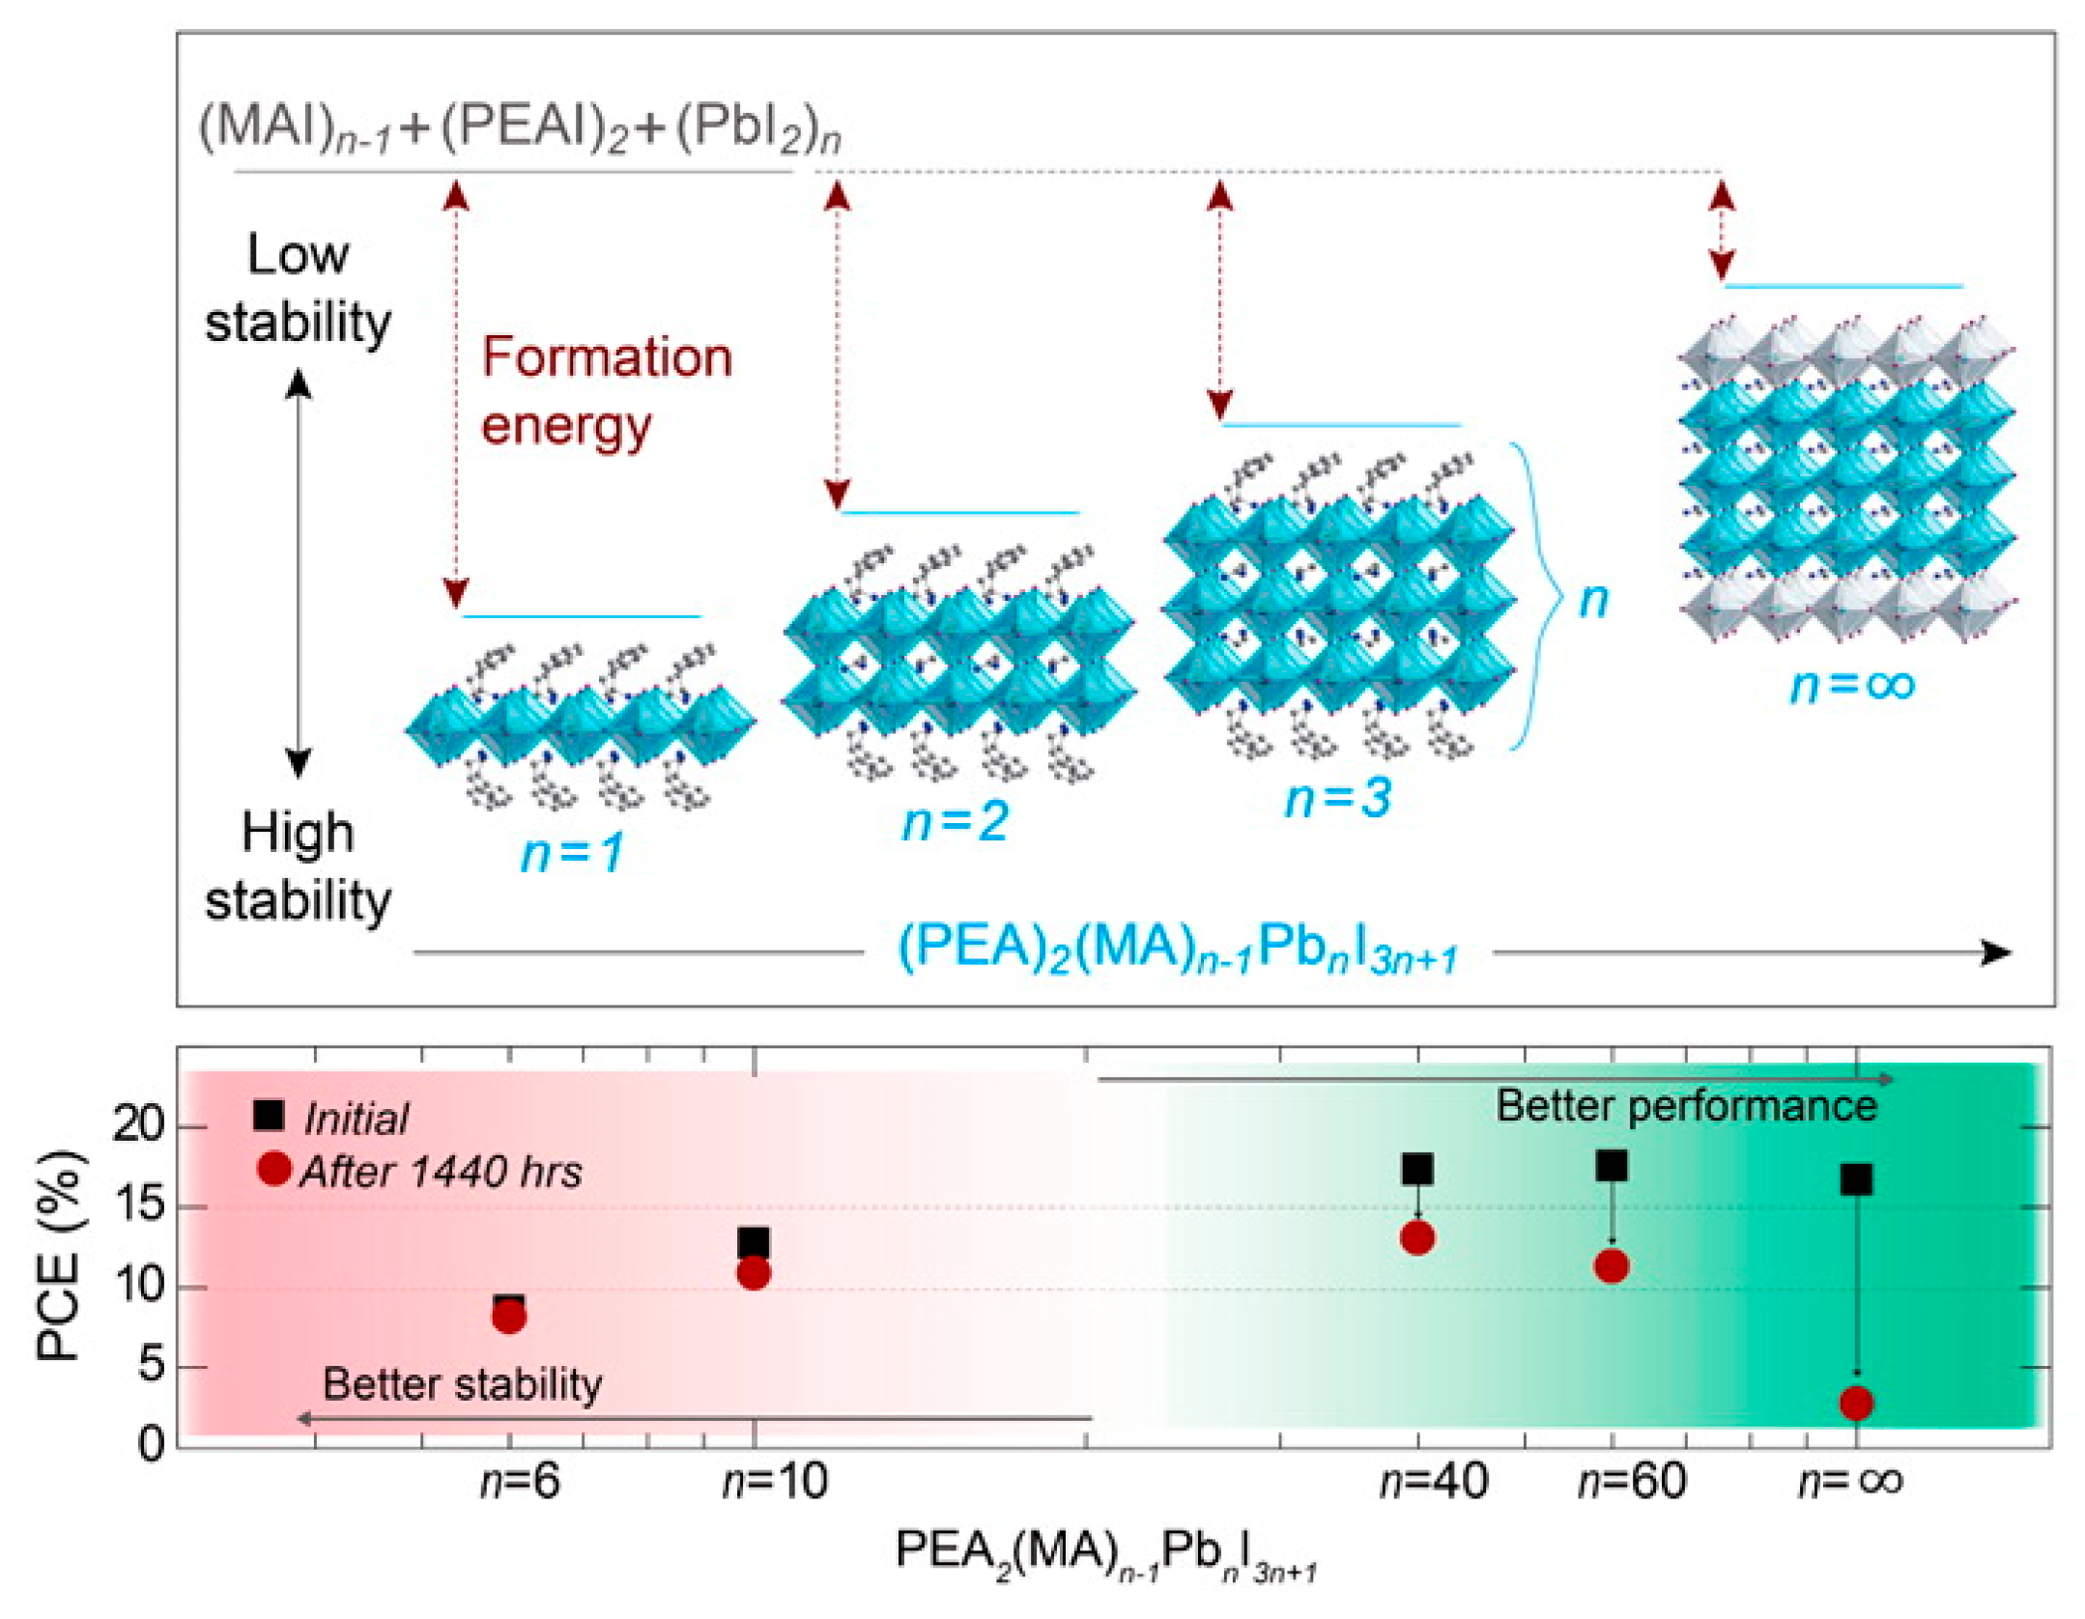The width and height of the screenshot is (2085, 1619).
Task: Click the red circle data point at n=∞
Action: coord(1855,1403)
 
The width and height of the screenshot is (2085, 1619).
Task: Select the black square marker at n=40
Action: coord(1416,1169)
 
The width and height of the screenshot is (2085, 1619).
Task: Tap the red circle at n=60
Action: coord(1611,1265)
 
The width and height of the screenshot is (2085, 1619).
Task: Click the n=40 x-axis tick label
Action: coord(1433,1481)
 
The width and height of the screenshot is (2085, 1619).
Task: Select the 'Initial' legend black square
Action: coord(268,1115)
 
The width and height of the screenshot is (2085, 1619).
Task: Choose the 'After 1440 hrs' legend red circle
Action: coord(274,1169)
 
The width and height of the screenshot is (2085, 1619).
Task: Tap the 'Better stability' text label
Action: coord(462,1384)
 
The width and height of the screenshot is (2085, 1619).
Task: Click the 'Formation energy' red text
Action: coord(607,391)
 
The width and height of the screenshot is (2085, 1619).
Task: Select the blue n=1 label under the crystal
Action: coord(572,854)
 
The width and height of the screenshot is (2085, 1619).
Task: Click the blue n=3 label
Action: coord(1337,799)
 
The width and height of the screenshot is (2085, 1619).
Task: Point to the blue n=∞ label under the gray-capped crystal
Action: coord(1851,686)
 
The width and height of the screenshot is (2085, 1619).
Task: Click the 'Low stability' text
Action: coord(298,288)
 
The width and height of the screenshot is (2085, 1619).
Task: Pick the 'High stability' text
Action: coord(298,866)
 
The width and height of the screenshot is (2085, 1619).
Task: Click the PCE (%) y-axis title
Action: coord(60,1256)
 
